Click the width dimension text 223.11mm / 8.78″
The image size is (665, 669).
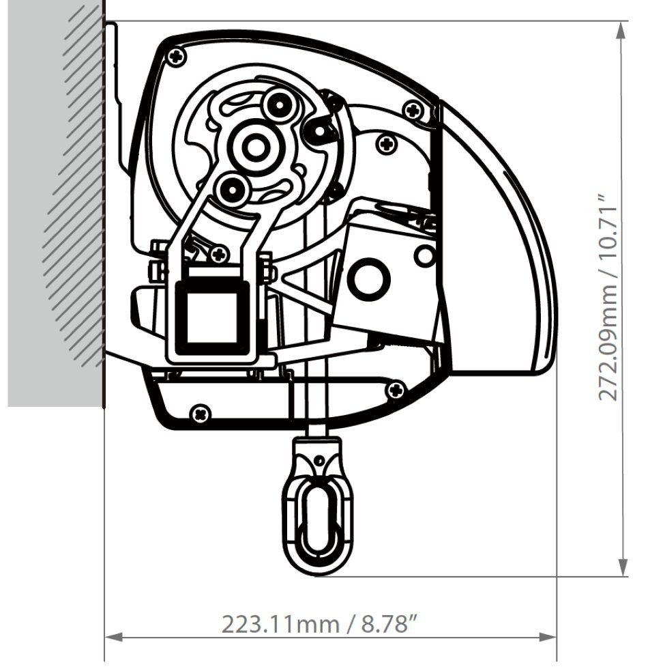click(x=319, y=623)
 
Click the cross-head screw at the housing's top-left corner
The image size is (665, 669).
click(x=178, y=55)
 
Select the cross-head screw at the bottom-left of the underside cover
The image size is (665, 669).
click(x=200, y=412)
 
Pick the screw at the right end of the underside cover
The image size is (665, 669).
click(x=395, y=390)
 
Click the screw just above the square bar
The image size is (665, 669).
click(x=218, y=255)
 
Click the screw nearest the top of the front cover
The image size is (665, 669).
click(x=413, y=109)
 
